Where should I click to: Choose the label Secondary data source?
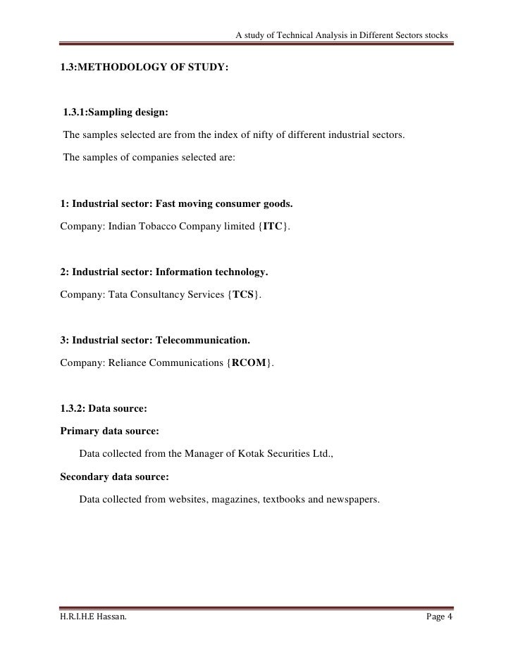(115, 476)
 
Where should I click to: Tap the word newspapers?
(352, 500)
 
